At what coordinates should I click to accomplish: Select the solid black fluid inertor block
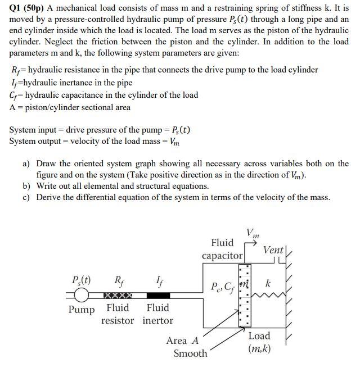(157, 295)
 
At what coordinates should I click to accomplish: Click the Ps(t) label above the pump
(83, 280)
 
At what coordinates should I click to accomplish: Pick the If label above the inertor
(159, 280)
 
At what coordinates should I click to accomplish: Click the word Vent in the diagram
(274, 249)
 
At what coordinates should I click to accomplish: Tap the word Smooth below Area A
(190, 353)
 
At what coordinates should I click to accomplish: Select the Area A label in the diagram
(182, 341)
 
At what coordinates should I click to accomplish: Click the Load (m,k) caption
(259, 342)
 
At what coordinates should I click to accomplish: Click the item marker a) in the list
(26, 164)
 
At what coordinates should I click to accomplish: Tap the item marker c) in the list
(26, 197)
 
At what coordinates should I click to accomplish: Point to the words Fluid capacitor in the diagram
(222, 249)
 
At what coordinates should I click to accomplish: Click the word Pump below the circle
(82, 309)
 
